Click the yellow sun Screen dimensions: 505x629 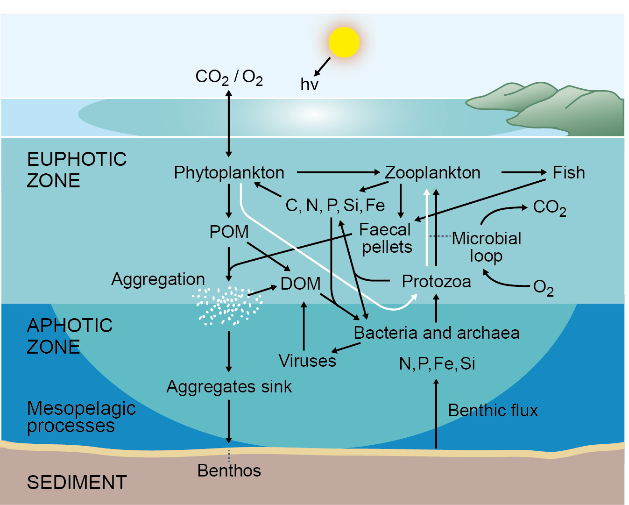pos(344,42)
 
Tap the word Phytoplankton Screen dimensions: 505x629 pos(229,173)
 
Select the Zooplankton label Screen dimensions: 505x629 pos(432,173)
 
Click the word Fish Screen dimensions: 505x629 pos(568,173)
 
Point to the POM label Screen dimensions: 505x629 pos(229,232)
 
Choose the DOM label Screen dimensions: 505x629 pos(300,284)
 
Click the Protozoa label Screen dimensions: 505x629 pos(436,282)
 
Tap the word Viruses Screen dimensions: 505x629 pos(307,361)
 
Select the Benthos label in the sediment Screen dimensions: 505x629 pos(229,470)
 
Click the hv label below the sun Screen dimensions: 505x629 pos(309,85)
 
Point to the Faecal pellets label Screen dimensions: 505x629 pos(386,238)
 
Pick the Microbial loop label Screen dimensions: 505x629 pos(486,247)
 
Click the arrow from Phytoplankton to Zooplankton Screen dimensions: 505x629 pos(338,172)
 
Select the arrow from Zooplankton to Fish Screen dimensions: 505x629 pos(523,172)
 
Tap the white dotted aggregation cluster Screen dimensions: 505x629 pos(227,306)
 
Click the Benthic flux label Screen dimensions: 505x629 pos(493,410)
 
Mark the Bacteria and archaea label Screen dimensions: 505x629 pos(436,333)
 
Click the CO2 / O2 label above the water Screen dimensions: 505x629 pos(229,77)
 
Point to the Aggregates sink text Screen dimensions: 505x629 pos(229,387)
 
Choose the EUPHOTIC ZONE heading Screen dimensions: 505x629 pos(77,170)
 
